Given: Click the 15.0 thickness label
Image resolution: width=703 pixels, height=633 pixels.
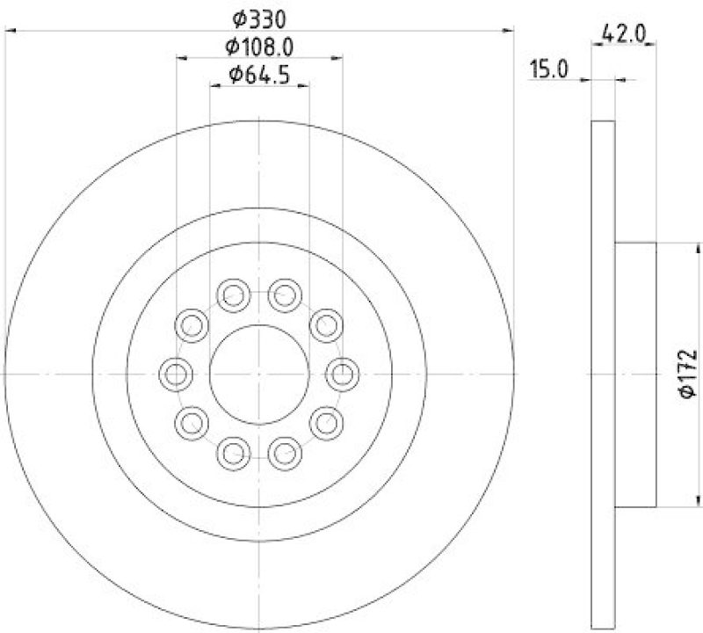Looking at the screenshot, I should tap(550, 69).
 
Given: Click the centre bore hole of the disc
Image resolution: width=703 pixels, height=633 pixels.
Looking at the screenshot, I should tap(259, 375).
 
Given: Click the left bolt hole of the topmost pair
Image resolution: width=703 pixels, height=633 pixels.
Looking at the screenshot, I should tap(233, 295).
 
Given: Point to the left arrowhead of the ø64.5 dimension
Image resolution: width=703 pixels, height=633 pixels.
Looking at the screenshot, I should tap(214, 86).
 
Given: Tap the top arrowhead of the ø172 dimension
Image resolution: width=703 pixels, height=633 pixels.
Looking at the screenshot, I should tap(672, 247).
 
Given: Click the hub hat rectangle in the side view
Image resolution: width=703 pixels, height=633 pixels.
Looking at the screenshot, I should tap(634, 375).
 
